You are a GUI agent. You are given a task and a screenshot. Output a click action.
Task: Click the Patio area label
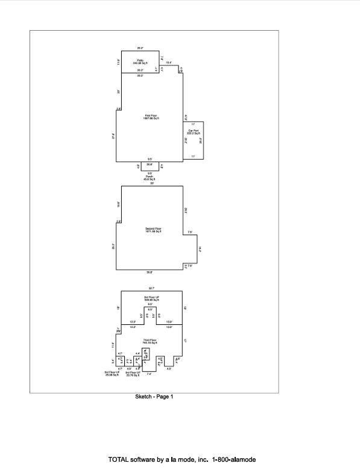(140, 61)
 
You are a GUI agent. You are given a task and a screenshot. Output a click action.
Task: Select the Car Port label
(193, 132)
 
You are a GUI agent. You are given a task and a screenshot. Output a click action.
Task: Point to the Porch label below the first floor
(149, 178)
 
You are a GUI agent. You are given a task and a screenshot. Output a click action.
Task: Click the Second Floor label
(154, 230)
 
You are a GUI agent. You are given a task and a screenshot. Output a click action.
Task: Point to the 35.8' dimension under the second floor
(149, 272)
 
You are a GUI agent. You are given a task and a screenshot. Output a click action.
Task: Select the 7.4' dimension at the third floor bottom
(149, 374)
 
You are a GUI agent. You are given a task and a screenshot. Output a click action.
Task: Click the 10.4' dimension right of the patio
(169, 63)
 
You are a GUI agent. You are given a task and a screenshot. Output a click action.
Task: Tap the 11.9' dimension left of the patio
(119, 61)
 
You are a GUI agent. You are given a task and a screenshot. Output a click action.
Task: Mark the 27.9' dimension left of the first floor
(113, 136)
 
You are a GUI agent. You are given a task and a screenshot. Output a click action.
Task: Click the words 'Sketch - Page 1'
(154, 397)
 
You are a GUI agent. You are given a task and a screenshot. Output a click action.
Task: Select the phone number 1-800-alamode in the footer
(233, 459)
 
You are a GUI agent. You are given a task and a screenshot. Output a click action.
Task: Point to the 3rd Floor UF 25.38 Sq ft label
(113, 374)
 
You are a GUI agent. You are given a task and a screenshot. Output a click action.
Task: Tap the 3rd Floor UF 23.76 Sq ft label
(133, 374)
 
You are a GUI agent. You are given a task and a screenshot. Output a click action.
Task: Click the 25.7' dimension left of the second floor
(113, 247)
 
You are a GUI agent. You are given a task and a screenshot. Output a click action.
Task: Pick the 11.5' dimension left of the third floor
(113, 345)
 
